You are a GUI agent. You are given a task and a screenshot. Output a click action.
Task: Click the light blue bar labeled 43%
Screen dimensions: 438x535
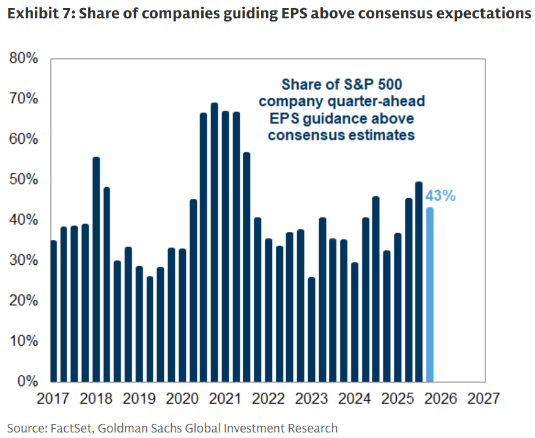pyautogui.click(x=430, y=294)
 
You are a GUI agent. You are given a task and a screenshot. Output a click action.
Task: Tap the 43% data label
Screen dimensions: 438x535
pyautogui.click(x=441, y=197)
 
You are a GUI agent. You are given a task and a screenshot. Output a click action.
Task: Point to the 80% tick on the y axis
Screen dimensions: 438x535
pyautogui.click(x=24, y=59)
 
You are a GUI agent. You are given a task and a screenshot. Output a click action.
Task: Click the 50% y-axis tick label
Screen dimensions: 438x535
pyautogui.click(x=24, y=180)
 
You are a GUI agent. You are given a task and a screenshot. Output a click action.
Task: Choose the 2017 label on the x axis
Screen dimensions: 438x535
pyautogui.click(x=53, y=398)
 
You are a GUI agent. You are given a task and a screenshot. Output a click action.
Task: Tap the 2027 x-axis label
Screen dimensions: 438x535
pyautogui.click(x=484, y=398)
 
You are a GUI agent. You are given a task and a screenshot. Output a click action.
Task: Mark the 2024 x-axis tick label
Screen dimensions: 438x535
pyautogui.click(x=355, y=398)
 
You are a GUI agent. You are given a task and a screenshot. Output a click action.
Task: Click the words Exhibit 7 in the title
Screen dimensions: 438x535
pyautogui.click(x=35, y=13)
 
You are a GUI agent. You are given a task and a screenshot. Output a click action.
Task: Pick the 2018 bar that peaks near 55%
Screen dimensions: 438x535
pyautogui.click(x=96, y=269)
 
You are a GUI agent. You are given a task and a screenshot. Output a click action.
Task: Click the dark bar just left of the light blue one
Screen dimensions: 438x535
pyautogui.click(x=419, y=281)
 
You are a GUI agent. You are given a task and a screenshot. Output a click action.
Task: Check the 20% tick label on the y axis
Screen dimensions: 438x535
pyautogui.click(x=24, y=301)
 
